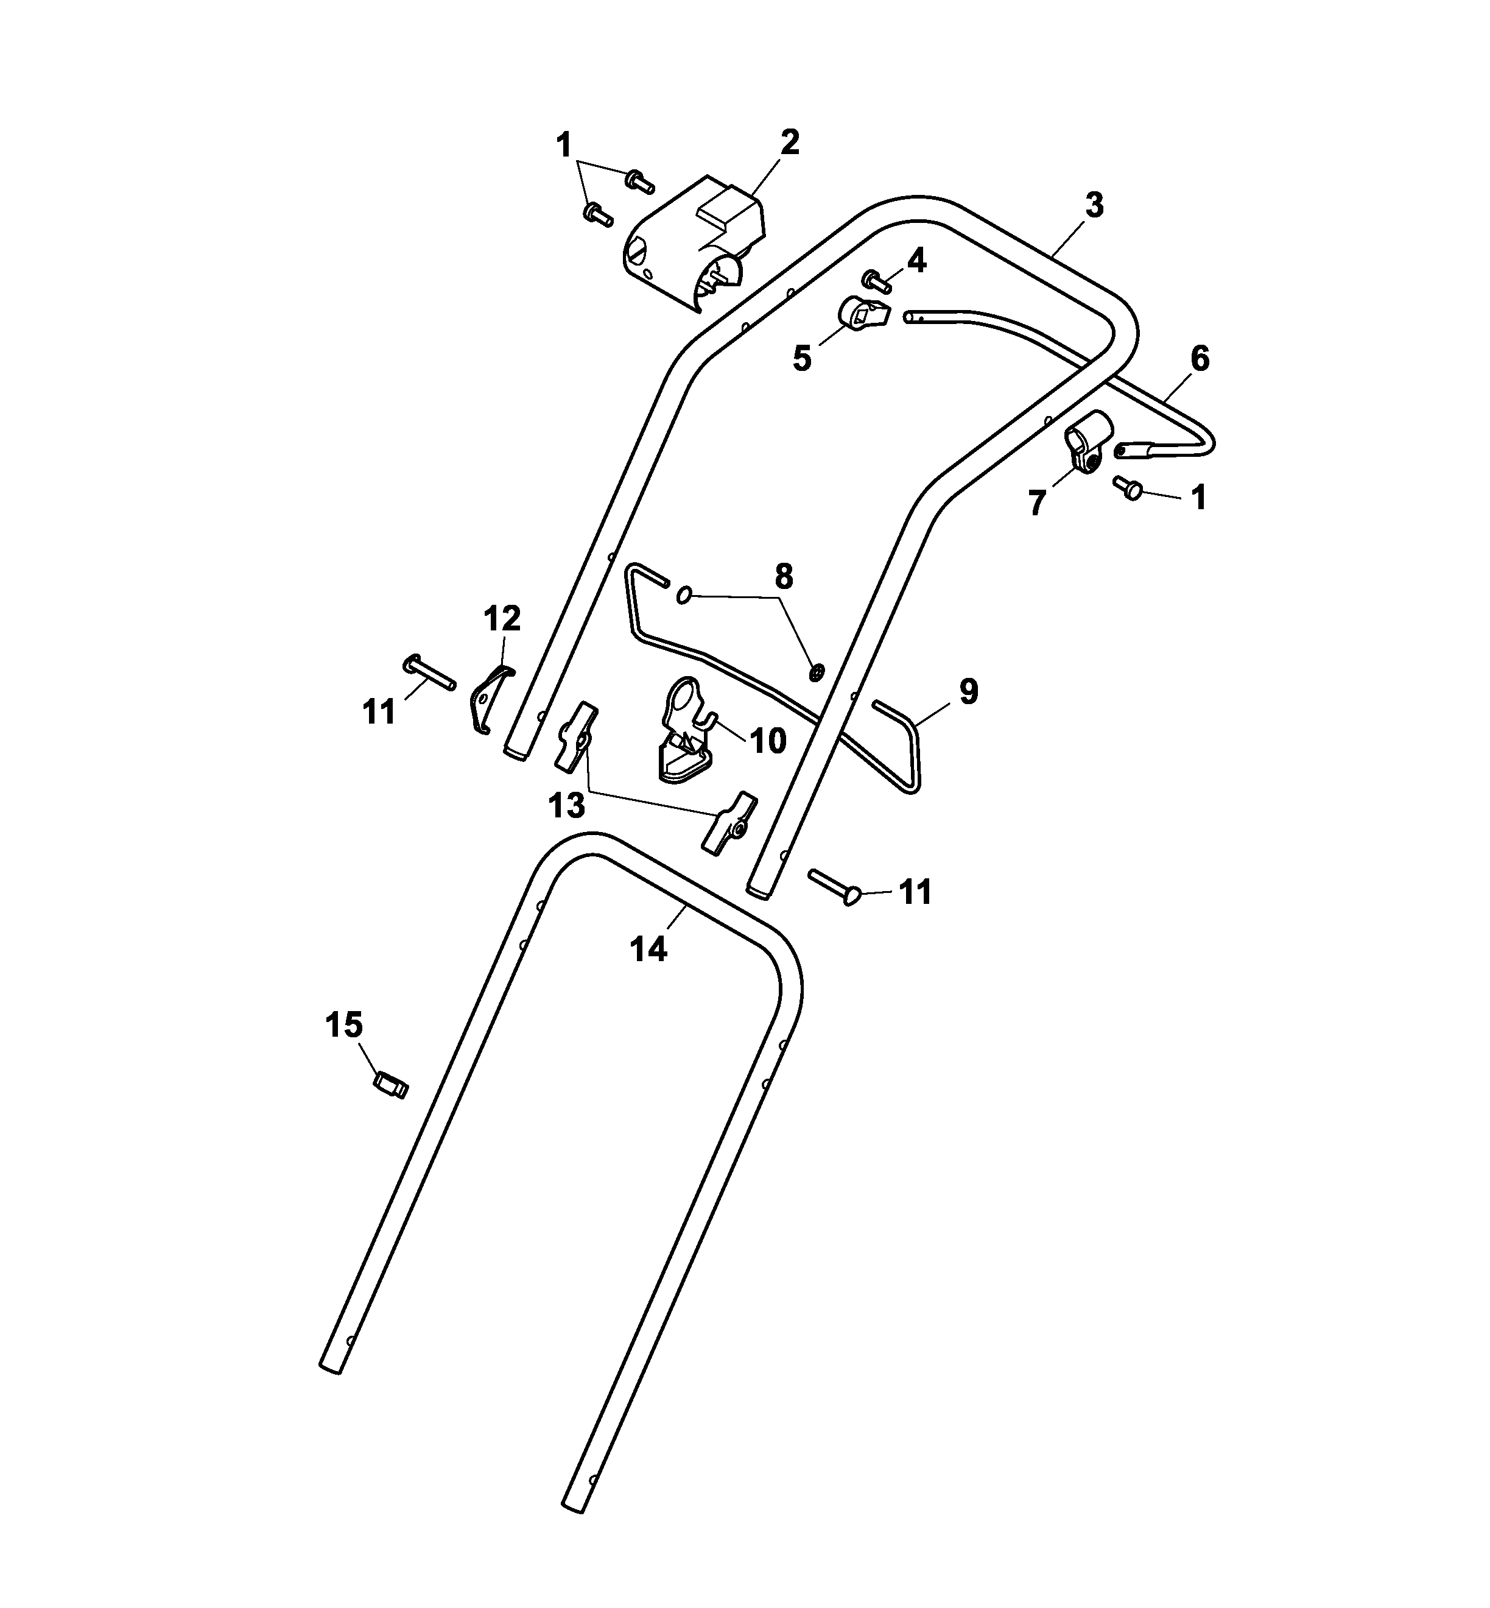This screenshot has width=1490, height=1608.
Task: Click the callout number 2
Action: coord(790,143)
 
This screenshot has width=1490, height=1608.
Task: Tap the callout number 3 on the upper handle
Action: coord(1094,206)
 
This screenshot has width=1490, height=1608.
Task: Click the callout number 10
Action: coord(768,740)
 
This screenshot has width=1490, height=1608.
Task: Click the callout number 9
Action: coord(968,692)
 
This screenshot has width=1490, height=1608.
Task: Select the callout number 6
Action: coord(1200,359)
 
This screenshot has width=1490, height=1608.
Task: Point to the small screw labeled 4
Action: coord(876,281)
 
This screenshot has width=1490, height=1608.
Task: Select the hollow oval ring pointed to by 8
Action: coord(684,596)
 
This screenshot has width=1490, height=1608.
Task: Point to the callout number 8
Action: coord(783,577)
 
